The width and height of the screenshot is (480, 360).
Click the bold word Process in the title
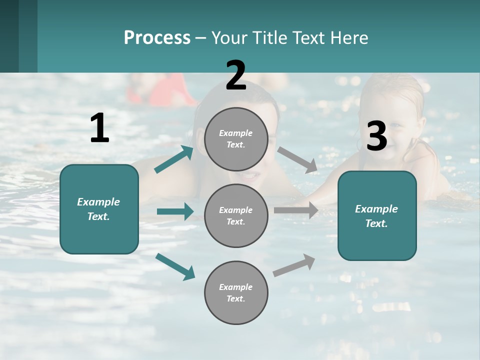(x=157, y=37)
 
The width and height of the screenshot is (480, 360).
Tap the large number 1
(x=99, y=128)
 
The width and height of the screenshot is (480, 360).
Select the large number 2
(x=236, y=75)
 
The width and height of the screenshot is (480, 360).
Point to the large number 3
(x=376, y=136)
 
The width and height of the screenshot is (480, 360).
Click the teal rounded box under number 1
(x=99, y=209)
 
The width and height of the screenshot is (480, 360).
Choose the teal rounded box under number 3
(x=377, y=215)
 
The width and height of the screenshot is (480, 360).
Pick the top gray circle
(x=236, y=139)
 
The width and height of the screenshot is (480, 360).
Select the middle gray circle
(x=236, y=215)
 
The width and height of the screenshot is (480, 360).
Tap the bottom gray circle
(x=236, y=292)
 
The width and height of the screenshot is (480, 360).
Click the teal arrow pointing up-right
(x=174, y=159)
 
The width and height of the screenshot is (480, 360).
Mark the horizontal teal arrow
(x=175, y=211)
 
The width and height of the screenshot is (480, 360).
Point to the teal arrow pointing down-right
(x=175, y=266)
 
